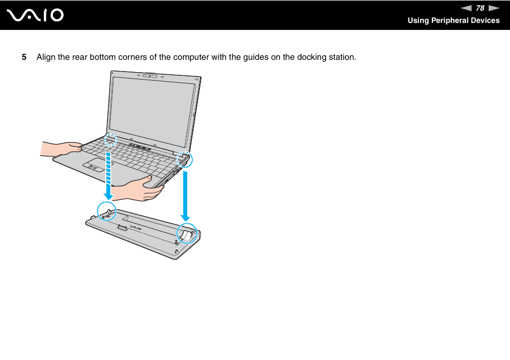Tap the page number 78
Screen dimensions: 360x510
click(x=480, y=8)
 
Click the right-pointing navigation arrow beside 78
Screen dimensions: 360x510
click(x=493, y=8)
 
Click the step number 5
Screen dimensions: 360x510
click(x=24, y=57)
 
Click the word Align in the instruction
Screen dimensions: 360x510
click(x=45, y=57)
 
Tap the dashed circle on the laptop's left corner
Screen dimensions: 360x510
click(x=110, y=139)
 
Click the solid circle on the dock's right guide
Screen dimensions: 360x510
click(x=187, y=233)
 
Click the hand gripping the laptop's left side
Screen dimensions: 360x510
click(x=61, y=148)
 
